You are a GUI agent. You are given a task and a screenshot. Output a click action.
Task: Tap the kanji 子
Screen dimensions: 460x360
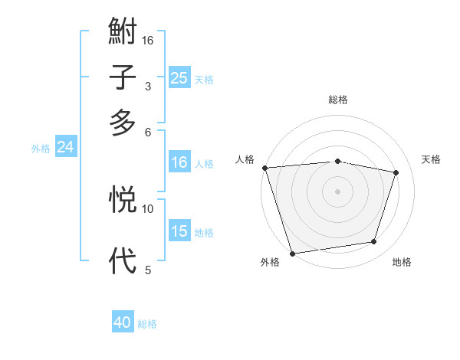(123, 78)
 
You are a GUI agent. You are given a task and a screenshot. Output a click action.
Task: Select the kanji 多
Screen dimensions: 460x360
(123, 123)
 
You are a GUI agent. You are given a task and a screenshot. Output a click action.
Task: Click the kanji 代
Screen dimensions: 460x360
(123, 260)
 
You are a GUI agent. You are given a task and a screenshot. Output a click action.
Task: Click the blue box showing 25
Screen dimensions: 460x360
(179, 78)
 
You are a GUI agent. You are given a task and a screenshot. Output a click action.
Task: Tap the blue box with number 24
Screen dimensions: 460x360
(65, 147)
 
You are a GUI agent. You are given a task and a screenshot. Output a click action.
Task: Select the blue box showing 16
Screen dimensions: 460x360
(179, 162)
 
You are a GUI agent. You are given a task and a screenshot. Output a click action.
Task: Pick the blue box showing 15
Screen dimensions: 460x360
(179, 231)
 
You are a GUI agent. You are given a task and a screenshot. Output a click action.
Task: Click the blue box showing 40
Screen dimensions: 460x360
(123, 322)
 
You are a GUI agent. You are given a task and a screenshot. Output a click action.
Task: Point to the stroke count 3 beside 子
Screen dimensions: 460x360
(147, 87)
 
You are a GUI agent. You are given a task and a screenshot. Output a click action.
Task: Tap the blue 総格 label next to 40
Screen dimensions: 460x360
(147, 324)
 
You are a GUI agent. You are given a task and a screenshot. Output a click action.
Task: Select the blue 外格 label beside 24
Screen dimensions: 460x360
(41, 149)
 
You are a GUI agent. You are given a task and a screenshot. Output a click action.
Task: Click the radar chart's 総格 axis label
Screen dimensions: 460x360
(338, 100)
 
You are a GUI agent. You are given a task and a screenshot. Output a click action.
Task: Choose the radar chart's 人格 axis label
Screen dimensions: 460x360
(245, 159)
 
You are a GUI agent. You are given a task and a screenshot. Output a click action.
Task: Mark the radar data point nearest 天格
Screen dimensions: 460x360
(396, 172)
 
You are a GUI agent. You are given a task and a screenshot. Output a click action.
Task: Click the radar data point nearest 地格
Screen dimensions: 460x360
(374, 242)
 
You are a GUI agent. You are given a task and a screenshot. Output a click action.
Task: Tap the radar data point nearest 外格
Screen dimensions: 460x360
(293, 253)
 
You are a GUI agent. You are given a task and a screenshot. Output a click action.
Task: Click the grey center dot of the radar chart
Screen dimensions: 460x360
(338, 191)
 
